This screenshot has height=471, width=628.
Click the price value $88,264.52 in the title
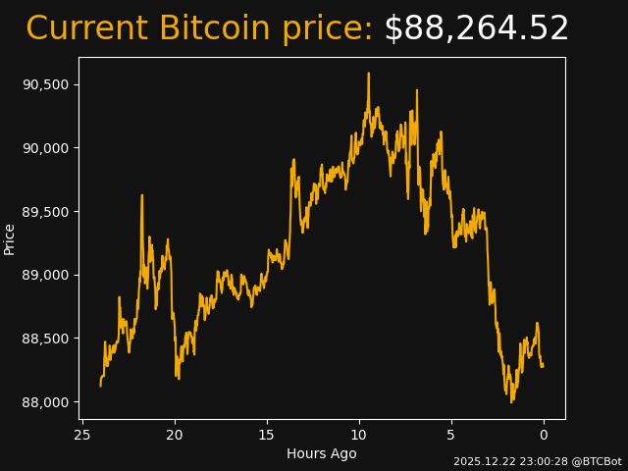476,29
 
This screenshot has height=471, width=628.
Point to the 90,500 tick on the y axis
45,84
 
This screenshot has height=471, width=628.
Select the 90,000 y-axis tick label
45,148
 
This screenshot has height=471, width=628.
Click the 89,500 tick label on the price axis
45,212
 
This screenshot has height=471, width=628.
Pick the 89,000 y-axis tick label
45,275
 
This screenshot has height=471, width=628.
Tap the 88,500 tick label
45,339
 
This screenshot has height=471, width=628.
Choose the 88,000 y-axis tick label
45,402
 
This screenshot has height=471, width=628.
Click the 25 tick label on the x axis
82,435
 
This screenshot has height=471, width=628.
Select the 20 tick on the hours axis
175,435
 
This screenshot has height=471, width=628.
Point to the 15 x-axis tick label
267,435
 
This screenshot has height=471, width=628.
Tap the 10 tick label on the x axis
359,435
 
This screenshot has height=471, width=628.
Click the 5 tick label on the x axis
451,435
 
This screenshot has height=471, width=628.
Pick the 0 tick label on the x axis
544,435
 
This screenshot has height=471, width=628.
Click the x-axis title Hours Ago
321,453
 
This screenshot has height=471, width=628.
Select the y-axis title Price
10,238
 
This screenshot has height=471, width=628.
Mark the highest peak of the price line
369,74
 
